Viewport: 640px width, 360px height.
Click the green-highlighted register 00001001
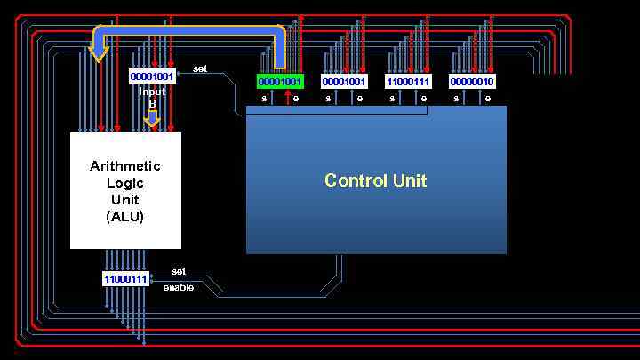[x=280, y=82]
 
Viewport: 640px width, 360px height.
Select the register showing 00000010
[x=472, y=82]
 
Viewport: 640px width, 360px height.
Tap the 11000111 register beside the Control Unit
[x=408, y=82]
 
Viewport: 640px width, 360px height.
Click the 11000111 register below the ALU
[x=125, y=279]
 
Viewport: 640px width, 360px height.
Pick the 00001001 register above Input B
[x=152, y=76]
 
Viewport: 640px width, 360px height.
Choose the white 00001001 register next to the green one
[x=344, y=82]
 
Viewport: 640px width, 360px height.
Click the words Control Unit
[x=375, y=180]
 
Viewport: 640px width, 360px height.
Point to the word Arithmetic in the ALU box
[x=125, y=166]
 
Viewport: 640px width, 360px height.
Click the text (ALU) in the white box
[x=125, y=216]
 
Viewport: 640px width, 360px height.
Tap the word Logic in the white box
[x=125, y=183]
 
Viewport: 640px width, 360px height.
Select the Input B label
[x=152, y=97]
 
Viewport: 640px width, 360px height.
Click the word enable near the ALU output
[x=179, y=287]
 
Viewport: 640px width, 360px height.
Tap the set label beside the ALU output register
[x=179, y=271]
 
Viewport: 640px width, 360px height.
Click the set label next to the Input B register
[x=200, y=68]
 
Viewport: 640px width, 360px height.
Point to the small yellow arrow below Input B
[x=152, y=118]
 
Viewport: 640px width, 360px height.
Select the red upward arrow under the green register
[x=286, y=97]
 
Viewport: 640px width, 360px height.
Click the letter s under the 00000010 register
[x=456, y=99]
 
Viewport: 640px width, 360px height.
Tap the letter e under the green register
[x=296, y=99]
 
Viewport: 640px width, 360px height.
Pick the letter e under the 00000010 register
[x=488, y=99]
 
